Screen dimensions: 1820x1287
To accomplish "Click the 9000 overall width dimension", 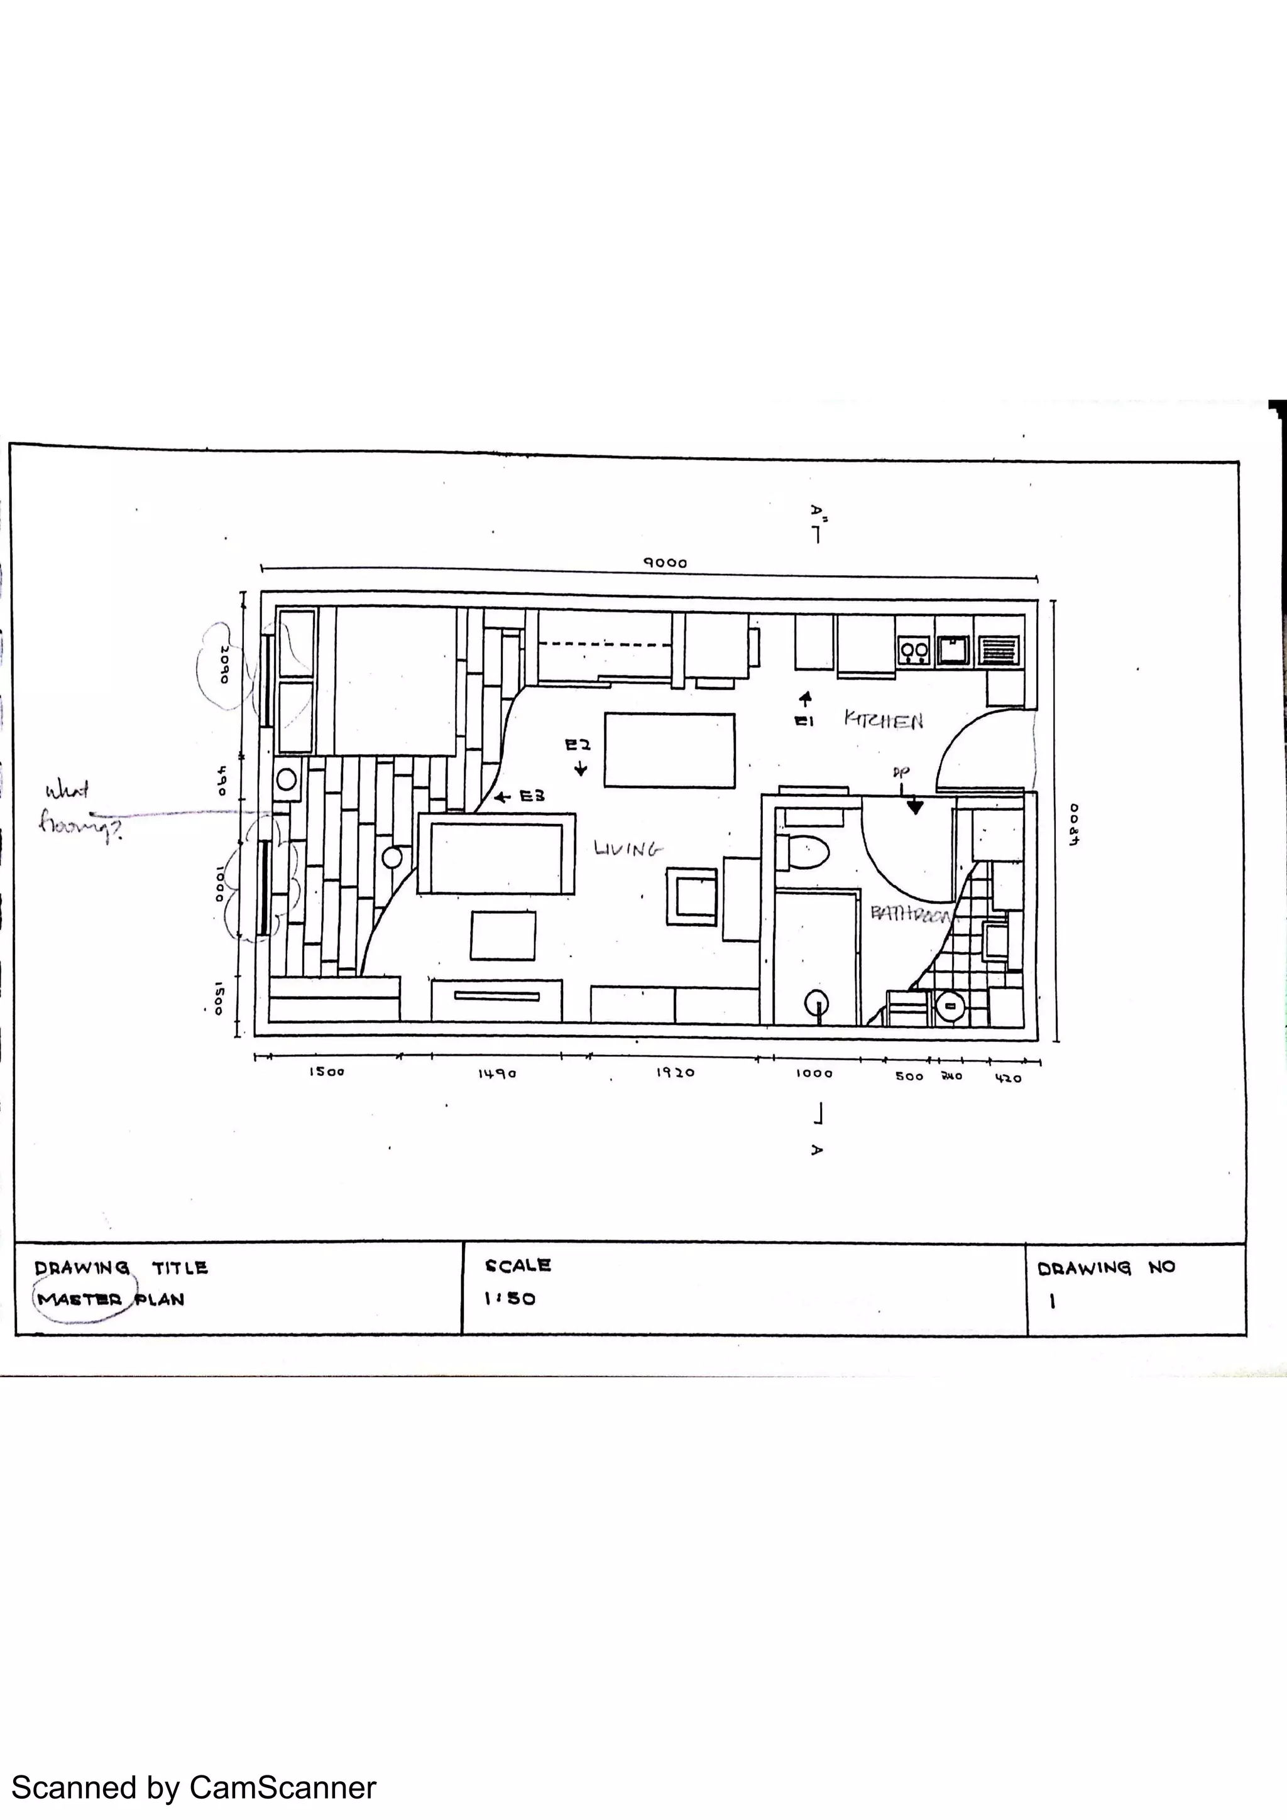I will [x=664, y=563].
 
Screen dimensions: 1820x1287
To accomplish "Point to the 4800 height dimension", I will [x=1074, y=825].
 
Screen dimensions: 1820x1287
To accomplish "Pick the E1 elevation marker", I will [x=805, y=722].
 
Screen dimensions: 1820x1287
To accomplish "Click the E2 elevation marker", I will [x=578, y=745].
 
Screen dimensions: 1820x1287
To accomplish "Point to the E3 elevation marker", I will [x=530, y=796].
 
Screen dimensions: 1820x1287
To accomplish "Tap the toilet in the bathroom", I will [x=802, y=852].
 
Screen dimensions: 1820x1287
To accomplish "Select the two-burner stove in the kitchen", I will [x=914, y=651].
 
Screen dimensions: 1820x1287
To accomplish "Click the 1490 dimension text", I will [x=497, y=1073].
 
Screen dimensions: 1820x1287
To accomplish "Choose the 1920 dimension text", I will [x=675, y=1073].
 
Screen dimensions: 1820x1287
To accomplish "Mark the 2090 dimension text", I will [x=224, y=664].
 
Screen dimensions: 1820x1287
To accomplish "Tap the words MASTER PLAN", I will [x=110, y=1300].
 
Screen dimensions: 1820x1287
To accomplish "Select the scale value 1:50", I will [x=510, y=1298].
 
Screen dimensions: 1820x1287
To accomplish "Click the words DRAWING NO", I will [x=1105, y=1267].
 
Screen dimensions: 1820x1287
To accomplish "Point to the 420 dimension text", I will [x=1008, y=1078].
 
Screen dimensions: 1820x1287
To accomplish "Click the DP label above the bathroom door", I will [x=901, y=771].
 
